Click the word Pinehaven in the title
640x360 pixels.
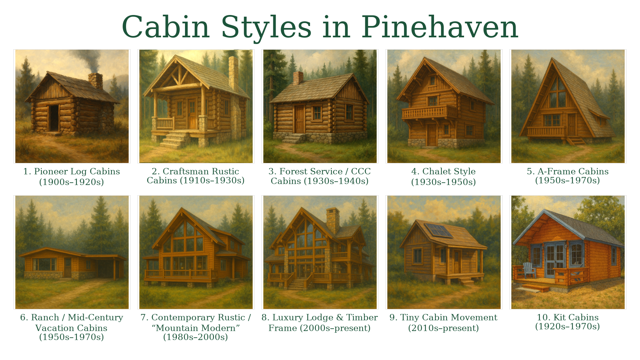(440, 27)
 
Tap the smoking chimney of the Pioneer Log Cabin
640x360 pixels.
(96, 81)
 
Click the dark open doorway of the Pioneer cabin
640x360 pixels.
(54, 118)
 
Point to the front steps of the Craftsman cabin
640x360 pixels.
(173, 140)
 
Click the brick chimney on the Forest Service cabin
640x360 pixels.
(298, 78)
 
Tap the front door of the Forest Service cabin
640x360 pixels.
(299, 119)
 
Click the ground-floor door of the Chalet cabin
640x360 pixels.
(432, 135)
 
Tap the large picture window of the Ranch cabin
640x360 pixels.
(44, 264)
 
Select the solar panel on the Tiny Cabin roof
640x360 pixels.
(438, 230)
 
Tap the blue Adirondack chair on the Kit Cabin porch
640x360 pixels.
(530, 270)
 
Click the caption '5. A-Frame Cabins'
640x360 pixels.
(568, 171)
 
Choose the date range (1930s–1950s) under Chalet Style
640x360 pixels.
(443, 182)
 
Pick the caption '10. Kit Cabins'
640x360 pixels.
(568, 317)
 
